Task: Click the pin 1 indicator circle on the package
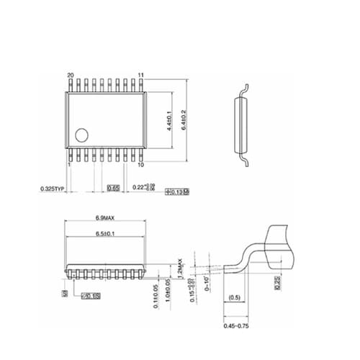tap(82, 134)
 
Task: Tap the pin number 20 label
tap(70, 76)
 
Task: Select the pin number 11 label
tap(142, 76)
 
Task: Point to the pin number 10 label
tap(142, 164)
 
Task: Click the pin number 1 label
tap(68, 164)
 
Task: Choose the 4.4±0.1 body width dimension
tap(167, 120)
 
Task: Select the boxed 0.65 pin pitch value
tap(113, 189)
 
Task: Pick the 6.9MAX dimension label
tap(107, 218)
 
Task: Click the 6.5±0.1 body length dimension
tap(107, 235)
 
